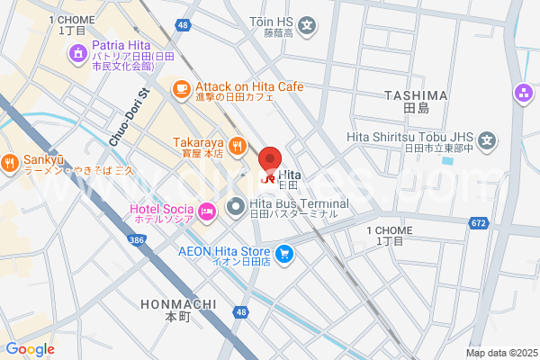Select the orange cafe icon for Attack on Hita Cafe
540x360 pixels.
tap(181, 87)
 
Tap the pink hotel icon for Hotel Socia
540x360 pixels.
tap(207, 211)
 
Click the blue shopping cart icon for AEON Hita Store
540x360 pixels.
tap(284, 254)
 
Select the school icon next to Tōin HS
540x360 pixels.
tap(308, 24)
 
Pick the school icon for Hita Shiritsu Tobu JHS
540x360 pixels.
tap(488, 140)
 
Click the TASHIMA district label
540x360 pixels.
tap(415, 95)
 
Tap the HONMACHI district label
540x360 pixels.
tap(175, 304)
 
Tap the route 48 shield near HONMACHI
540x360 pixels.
tap(239, 311)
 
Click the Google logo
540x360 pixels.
tap(30, 348)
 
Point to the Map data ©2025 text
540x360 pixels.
tap(499, 353)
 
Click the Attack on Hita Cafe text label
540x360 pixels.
tap(248, 85)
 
